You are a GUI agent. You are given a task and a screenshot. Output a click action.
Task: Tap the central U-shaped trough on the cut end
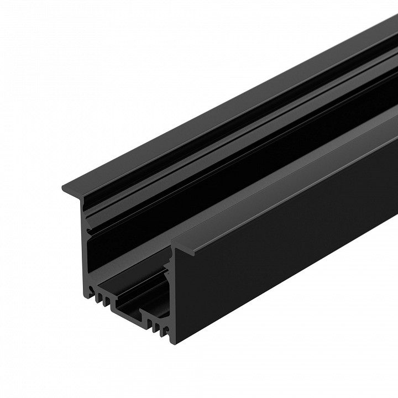pyautogui.click(x=128, y=309)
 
